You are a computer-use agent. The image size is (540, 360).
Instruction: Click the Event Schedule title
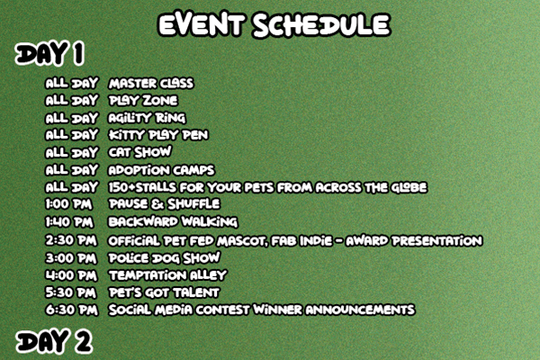(274, 24)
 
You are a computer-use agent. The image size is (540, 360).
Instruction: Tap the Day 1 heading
(49, 53)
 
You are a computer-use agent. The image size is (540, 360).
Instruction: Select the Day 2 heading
(54, 341)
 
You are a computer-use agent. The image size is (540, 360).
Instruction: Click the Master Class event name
(151, 84)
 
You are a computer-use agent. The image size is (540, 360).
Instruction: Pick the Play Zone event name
(143, 101)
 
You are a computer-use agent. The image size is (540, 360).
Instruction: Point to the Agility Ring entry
(147, 118)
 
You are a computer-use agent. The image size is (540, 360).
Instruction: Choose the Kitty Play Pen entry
(158, 135)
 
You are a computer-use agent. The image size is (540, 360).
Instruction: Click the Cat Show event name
(139, 152)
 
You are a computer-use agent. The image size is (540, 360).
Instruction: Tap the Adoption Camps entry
(161, 170)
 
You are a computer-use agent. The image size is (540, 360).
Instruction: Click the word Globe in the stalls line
(409, 188)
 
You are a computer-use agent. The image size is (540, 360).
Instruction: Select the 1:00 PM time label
(69, 204)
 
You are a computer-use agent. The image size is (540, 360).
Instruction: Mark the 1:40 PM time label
(69, 222)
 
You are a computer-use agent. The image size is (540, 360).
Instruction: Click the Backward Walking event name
(173, 222)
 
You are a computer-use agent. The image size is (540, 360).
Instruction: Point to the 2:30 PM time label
(71, 240)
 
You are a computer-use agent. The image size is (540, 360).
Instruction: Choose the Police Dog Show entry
(165, 258)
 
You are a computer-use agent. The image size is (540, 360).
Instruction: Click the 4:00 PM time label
(72, 275)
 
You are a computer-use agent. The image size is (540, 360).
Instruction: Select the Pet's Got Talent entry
(164, 292)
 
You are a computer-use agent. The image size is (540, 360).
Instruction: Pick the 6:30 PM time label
(72, 310)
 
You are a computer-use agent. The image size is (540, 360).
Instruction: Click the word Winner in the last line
(277, 310)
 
